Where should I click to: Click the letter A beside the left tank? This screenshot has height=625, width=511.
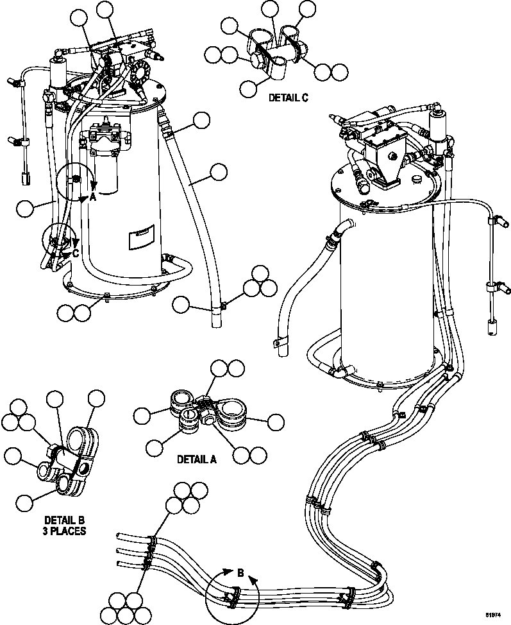[93, 198]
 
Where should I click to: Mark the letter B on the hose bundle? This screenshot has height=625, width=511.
[240, 573]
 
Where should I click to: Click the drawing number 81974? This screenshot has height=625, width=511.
[493, 615]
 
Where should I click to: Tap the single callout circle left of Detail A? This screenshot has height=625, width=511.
[143, 416]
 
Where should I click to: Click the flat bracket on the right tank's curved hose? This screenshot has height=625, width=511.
[279, 345]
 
